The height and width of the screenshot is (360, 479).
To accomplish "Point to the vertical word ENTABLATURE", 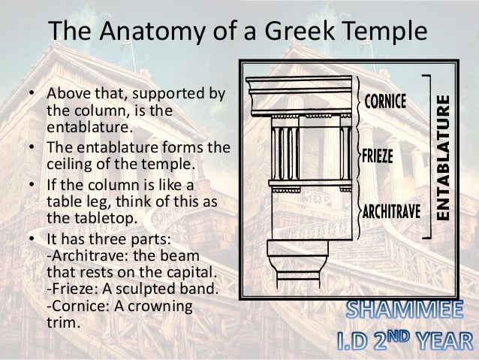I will tap(444, 157).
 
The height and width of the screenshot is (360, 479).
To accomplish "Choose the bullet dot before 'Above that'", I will tap(32, 95).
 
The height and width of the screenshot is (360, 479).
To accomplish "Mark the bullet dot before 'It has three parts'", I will tap(32, 240).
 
